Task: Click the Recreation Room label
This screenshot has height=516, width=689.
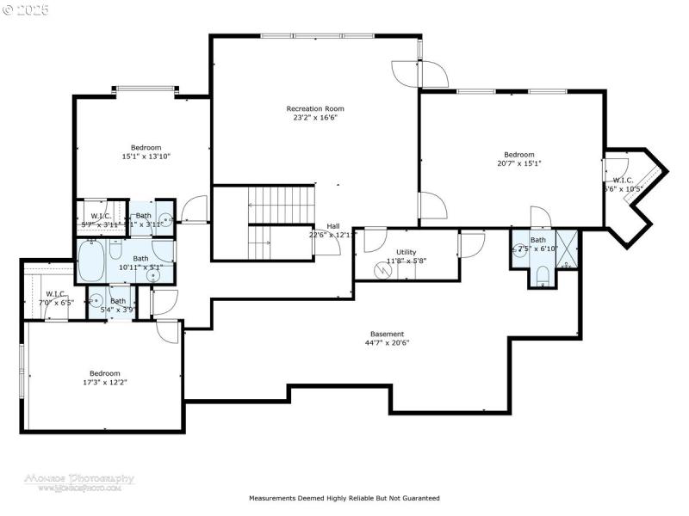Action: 315,108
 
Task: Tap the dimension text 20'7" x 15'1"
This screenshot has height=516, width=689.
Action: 518,163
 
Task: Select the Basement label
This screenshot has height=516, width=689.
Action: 387,334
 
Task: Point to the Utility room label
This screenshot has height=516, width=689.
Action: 407,251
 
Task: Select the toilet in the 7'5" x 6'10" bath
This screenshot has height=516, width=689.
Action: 542,275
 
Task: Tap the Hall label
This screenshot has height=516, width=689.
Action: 332,225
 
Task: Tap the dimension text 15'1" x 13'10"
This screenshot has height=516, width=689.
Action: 146,157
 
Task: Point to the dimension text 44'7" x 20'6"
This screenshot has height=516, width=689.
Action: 387,342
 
